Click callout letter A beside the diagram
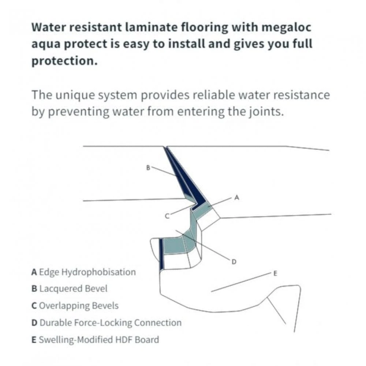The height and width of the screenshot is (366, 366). tap(236, 198)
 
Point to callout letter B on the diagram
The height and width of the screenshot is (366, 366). tap(148, 168)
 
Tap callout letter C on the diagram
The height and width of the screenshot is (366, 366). tap(167, 216)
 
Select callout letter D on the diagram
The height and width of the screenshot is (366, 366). tap(234, 261)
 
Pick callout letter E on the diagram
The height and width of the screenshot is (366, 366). tap(275, 273)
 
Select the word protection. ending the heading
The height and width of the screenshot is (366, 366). tap(64, 60)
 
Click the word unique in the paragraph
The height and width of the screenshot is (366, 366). tap(77, 95)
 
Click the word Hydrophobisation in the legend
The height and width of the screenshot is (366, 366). tap(98, 272)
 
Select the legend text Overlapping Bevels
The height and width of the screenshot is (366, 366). tap(79, 306)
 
